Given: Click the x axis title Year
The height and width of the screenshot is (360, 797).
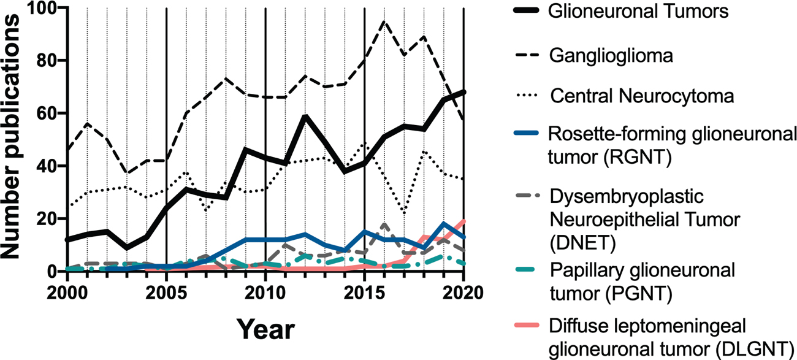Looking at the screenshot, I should click(x=266, y=329).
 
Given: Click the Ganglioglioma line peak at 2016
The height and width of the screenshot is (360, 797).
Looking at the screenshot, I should click(x=384, y=21).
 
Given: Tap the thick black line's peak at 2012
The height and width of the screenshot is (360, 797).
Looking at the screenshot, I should click(x=305, y=117).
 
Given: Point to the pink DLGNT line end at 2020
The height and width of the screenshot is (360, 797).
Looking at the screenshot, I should click(x=463, y=221).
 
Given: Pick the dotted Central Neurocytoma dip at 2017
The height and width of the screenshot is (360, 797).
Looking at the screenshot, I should click(x=404, y=213).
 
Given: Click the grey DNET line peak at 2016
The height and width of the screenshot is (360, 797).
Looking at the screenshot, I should click(x=384, y=225).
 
